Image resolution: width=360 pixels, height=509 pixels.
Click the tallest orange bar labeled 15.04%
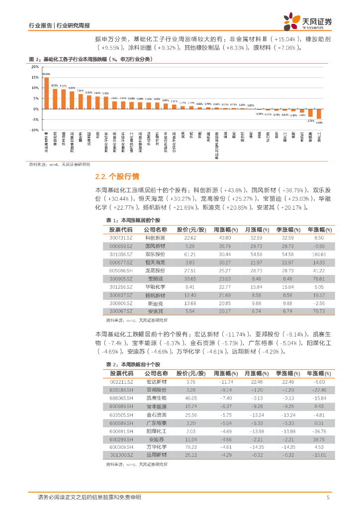[x=46, y=93]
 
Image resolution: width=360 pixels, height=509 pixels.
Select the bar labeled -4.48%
[x=319, y=114]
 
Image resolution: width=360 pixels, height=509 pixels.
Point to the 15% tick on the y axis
[x=35, y=78]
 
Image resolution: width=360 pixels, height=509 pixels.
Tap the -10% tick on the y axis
[x=34, y=130]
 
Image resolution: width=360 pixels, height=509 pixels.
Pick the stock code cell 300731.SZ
[x=121, y=238]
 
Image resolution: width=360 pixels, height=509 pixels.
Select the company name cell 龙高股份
[x=155, y=270]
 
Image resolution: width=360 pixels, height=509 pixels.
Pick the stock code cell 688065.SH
[x=121, y=398]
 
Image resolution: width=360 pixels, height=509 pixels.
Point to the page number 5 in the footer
[x=328, y=498]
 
